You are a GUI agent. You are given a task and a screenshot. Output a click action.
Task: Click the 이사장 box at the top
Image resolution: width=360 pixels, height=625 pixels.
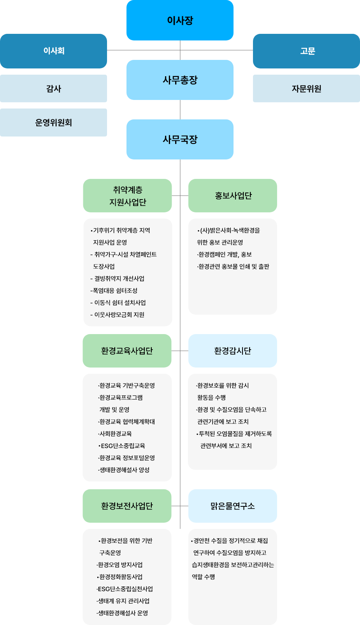pyautogui.click(x=180, y=20)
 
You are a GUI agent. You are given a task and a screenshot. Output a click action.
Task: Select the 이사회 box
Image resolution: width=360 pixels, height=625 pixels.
pyautogui.click(x=53, y=51)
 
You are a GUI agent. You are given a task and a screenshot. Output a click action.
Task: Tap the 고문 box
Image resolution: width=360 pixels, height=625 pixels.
pyautogui.click(x=306, y=51)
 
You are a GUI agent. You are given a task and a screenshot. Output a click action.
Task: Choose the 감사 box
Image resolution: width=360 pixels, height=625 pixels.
pyautogui.click(x=53, y=89)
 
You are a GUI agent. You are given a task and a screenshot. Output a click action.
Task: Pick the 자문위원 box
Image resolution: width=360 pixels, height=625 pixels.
pyautogui.click(x=306, y=89)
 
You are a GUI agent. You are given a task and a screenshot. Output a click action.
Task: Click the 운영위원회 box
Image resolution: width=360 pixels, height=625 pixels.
pyautogui.click(x=53, y=123)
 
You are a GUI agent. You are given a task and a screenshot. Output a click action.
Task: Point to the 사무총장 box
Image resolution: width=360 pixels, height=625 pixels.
pyautogui.click(x=180, y=80)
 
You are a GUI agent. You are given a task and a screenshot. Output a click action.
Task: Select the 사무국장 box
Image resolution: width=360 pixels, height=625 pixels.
pyautogui.click(x=180, y=139)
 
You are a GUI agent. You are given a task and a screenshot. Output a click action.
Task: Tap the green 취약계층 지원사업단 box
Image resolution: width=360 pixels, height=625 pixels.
pyautogui.click(x=127, y=196)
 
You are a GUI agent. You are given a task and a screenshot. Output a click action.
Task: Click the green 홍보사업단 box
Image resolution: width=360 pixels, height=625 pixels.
pyautogui.click(x=233, y=196)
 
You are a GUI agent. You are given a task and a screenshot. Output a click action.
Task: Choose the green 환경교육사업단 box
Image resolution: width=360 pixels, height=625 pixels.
pyautogui.click(x=127, y=351)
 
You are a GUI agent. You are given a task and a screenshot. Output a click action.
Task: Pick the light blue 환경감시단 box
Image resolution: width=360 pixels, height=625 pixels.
pyautogui.click(x=233, y=351)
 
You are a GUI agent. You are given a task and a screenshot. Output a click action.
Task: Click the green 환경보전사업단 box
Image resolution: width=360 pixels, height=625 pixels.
pyautogui.click(x=127, y=506)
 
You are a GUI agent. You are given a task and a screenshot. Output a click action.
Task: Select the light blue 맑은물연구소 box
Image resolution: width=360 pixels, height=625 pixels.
pyautogui.click(x=233, y=506)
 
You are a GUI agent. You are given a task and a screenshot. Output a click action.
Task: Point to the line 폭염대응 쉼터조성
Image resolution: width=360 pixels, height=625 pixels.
pyautogui.click(x=114, y=291)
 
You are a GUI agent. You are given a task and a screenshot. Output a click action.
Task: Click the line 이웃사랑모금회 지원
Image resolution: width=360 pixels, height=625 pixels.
pyautogui.click(x=118, y=315)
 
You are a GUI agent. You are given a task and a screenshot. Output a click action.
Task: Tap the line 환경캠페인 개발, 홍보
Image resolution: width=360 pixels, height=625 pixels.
pyautogui.click(x=225, y=254)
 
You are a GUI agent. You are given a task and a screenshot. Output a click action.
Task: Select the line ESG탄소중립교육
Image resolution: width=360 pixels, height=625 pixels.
pyautogui.click(x=122, y=446)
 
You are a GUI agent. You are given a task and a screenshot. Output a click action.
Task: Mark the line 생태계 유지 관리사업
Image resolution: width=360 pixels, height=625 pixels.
pyautogui.click(x=123, y=601)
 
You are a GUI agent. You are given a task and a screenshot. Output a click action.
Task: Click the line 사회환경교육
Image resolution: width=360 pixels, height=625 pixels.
pyautogui.click(x=115, y=434)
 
